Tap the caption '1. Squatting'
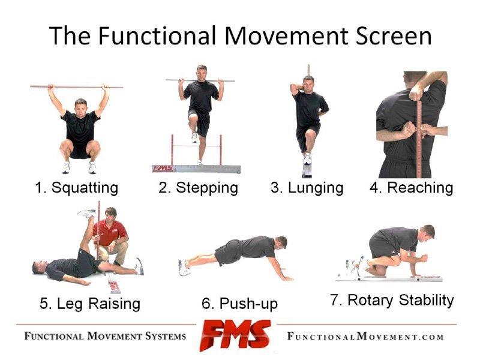pyautogui.click(x=76, y=188)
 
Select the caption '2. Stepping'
pyautogui.click(x=198, y=188)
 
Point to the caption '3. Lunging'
pyautogui.click(x=307, y=188)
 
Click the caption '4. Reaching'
pyautogui.click(x=411, y=188)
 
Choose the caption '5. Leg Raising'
pyautogui.click(x=90, y=304)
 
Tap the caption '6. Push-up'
pyautogui.click(x=240, y=304)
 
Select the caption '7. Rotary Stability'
pyautogui.click(x=392, y=300)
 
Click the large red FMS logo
pyautogui.click(x=236, y=335)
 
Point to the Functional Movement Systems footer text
pyautogui.click(x=105, y=335)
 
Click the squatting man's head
pyautogui.click(x=80, y=107)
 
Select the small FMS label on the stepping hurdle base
pyautogui.click(x=162, y=169)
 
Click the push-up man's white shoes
pyautogui.click(x=183, y=268)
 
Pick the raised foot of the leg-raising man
pyautogui.click(x=87, y=214)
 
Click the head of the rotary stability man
pyautogui.click(x=427, y=232)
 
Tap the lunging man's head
pyautogui.click(x=308, y=82)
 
